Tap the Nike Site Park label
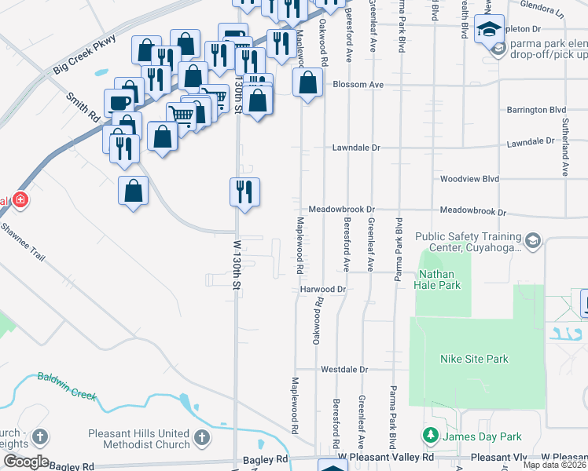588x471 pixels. coord(474,360)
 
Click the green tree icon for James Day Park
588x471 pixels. coord(430,435)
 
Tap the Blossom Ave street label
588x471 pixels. coord(358,84)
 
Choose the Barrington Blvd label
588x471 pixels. coord(536,110)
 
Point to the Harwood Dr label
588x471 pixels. coord(323,289)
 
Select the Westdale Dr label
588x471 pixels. coord(344,369)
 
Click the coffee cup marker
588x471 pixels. coord(119,103)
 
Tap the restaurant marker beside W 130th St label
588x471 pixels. coord(244,190)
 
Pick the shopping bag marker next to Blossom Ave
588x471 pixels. coord(307,82)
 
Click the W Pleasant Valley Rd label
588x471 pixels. coord(386,457)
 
